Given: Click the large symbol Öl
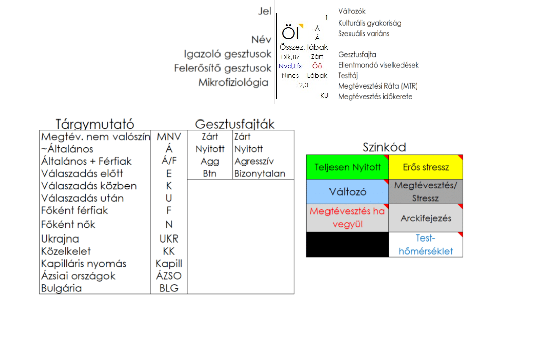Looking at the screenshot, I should click(291, 33).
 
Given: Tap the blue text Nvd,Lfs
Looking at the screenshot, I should click(290, 66).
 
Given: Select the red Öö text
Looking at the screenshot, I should click(317, 66).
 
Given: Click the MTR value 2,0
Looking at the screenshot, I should click(304, 85).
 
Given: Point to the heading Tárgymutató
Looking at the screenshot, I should click(95, 124).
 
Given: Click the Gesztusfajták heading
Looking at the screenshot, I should click(235, 124).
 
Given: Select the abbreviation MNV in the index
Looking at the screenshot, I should click(169, 137).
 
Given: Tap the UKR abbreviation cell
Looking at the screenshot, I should click(169, 238).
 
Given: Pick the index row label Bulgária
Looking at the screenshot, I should click(62, 288).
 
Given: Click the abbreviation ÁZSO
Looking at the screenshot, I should click(169, 276).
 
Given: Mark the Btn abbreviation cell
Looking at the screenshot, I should click(210, 174).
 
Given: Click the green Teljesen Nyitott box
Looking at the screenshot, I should click(348, 167).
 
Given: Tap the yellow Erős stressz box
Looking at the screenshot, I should click(425, 167).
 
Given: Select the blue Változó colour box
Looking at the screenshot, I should click(348, 192).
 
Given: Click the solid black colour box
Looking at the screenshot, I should click(348, 245).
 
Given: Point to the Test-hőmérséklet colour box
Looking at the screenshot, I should click(425, 245).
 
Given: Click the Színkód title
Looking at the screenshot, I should click(384, 147).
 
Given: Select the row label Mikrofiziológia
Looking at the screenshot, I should click(234, 83).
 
